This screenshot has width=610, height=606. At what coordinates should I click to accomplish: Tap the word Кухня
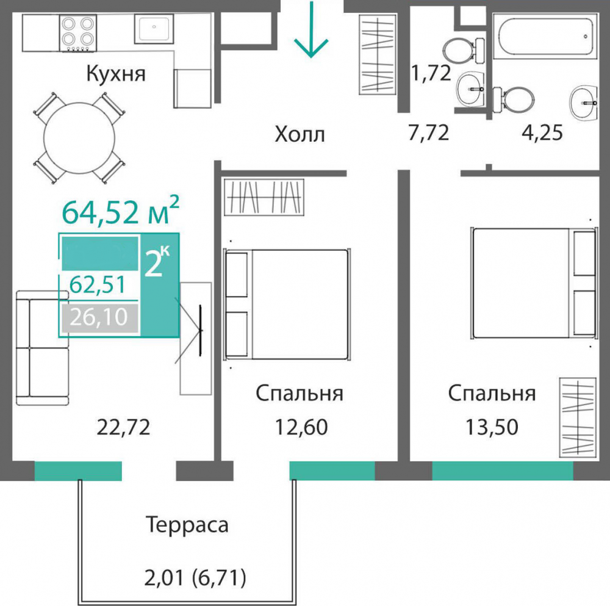pyautogui.click(x=116, y=74)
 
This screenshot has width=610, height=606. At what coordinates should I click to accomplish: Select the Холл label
pyautogui.click(x=300, y=134)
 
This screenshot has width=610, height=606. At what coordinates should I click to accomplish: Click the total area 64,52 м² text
pyautogui.click(x=120, y=212)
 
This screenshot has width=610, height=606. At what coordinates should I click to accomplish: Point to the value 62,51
pyautogui.click(x=98, y=284)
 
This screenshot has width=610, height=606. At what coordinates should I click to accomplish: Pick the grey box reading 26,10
pyautogui.click(x=98, y=317)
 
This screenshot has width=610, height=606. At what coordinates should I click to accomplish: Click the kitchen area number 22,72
pyautogui.click(x=123, y=427)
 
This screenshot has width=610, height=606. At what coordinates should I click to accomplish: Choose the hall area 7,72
pyautogui.click(x=428, y=132)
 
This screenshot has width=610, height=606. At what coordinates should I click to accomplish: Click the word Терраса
pyautogui.click(x=187, y=524)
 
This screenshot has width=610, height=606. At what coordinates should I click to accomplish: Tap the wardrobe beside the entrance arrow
pyautogui.click(x=378, y=55)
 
